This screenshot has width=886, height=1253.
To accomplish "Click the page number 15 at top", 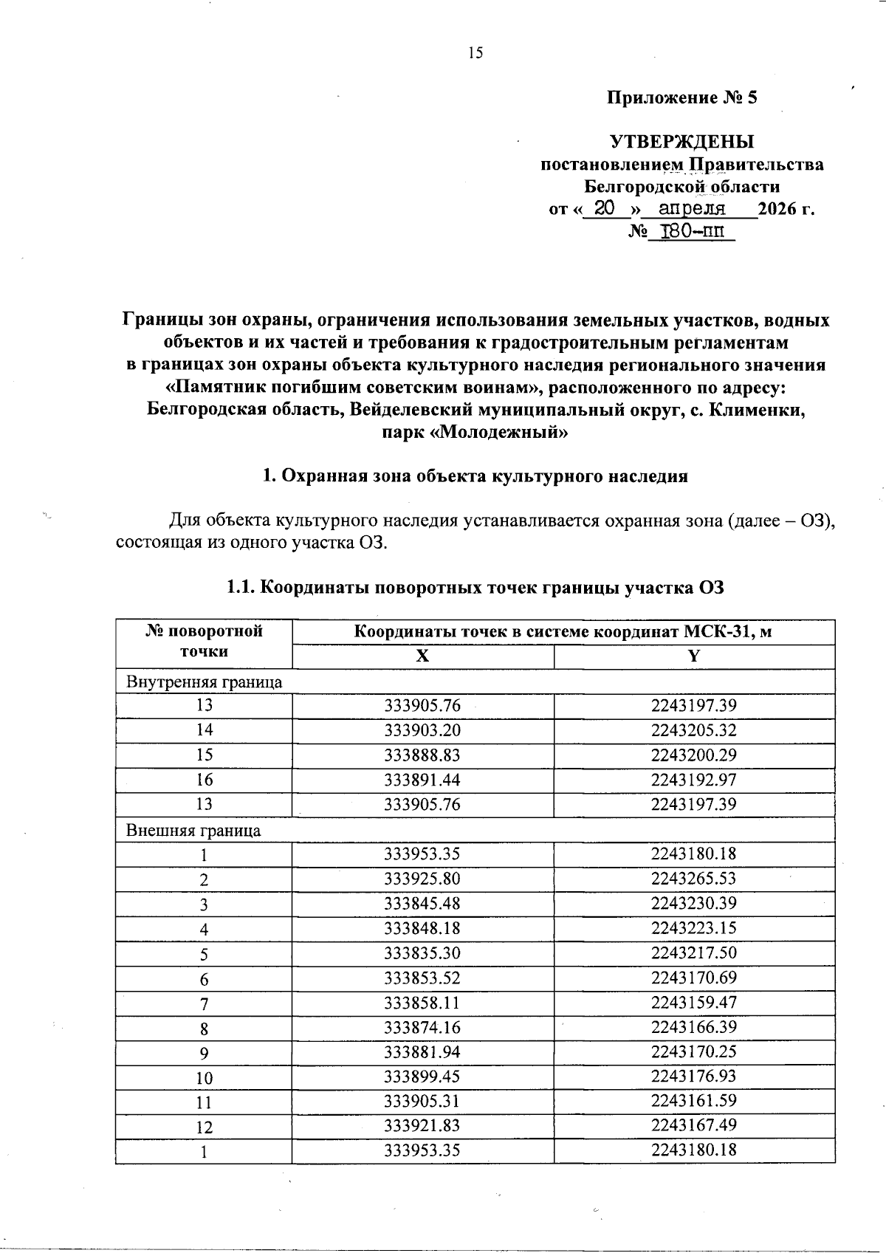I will (475, 52).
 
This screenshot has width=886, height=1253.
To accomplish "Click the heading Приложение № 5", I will (681, 97).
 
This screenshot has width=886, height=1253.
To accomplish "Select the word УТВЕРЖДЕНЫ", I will (681, 141).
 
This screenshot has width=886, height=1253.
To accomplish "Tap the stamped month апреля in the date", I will (691, 208).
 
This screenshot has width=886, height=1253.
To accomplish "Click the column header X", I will (422, 656).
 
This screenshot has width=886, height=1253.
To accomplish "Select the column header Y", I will (693, 656).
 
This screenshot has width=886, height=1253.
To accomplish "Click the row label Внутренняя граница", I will (205, 682).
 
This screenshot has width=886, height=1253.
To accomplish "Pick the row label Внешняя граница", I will (193, 830).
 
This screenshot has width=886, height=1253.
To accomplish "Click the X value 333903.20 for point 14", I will (422, 730).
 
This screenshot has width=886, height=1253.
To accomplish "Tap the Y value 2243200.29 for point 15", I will (693, 755).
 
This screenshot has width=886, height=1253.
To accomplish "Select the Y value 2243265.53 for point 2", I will (693, 879).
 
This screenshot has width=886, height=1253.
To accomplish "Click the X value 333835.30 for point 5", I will (422, 952).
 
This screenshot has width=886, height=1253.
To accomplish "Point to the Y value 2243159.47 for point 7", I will (693, 1002).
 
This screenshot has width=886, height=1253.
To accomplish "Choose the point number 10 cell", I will (204, 1077).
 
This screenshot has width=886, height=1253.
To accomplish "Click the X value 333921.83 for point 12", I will (422, 1125).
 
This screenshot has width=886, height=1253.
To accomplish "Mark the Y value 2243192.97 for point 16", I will (693, 780).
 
